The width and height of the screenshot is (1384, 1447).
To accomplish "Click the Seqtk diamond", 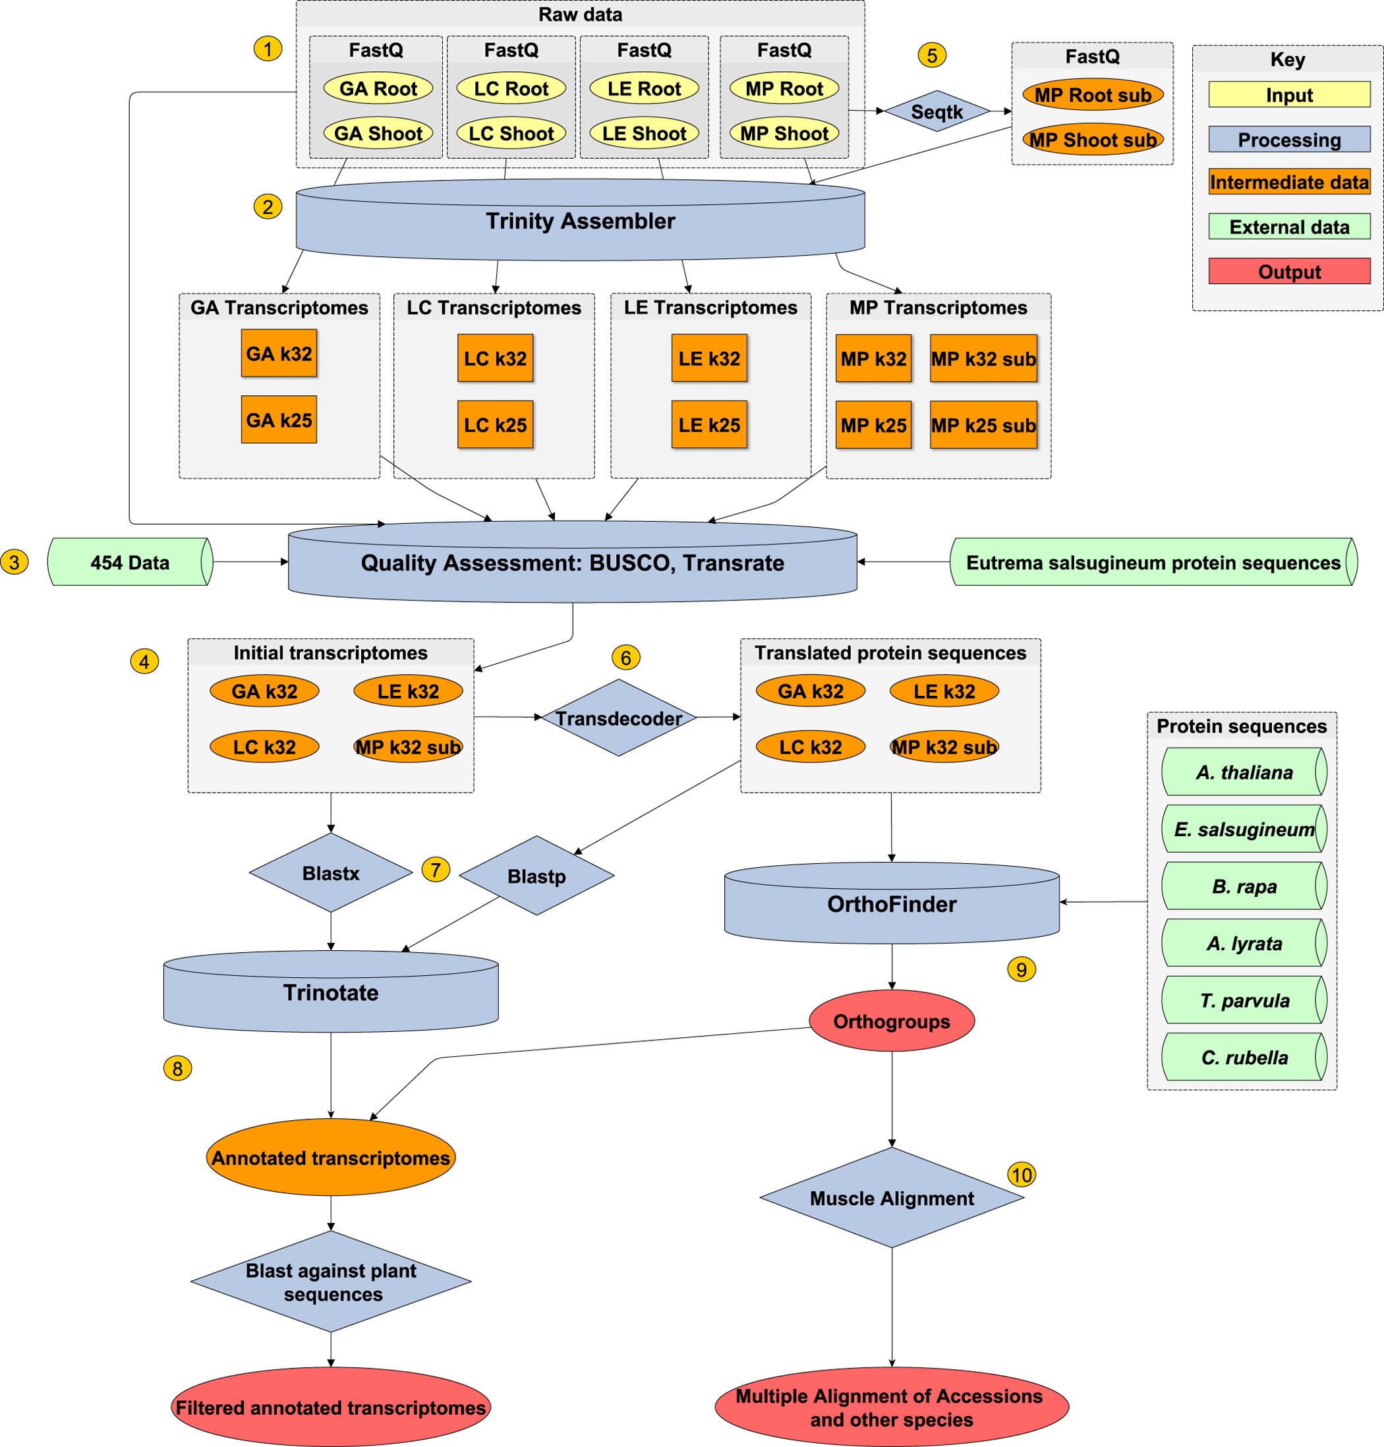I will [x=937, y=111].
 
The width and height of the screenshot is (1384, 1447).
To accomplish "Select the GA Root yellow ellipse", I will [x=378, y=88].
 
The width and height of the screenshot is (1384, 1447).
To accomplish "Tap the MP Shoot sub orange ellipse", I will [x=1092, y=140].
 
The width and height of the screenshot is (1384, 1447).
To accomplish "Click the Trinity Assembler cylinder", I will [x=580, y=221].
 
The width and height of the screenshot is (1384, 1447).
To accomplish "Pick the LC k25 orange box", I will [x=495, y=425].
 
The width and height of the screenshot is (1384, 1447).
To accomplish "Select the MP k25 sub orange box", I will [x=983, y=425].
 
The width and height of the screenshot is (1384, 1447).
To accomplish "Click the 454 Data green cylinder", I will [x=130, y=562].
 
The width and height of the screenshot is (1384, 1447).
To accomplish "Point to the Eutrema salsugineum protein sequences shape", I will [x=1153, y=562].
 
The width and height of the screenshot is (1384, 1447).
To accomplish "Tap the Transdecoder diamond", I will [x=618, y=718].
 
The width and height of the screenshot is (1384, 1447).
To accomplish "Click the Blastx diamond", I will [x=330, y=873].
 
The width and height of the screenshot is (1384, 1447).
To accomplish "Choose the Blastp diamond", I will [x=536, y=876].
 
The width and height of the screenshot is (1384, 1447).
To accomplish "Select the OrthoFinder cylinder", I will [x=891, y=904].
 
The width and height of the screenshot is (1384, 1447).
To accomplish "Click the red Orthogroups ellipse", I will [x=891, y=1021].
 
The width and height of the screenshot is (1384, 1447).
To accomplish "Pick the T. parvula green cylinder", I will [x=1244, y=1001].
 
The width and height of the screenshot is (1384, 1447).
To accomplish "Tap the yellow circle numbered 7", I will [x=435, y=870].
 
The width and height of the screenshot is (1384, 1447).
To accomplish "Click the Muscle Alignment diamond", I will [x=891, y=1199].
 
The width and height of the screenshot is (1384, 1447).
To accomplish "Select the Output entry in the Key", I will [x=1289, y=271].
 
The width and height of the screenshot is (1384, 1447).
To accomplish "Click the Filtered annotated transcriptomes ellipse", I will [x=330, y=1407].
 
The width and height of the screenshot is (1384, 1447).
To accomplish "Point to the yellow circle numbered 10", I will [x=1021, y=1175].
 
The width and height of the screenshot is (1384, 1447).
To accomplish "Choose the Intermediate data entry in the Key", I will [x=1289, y=182].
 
